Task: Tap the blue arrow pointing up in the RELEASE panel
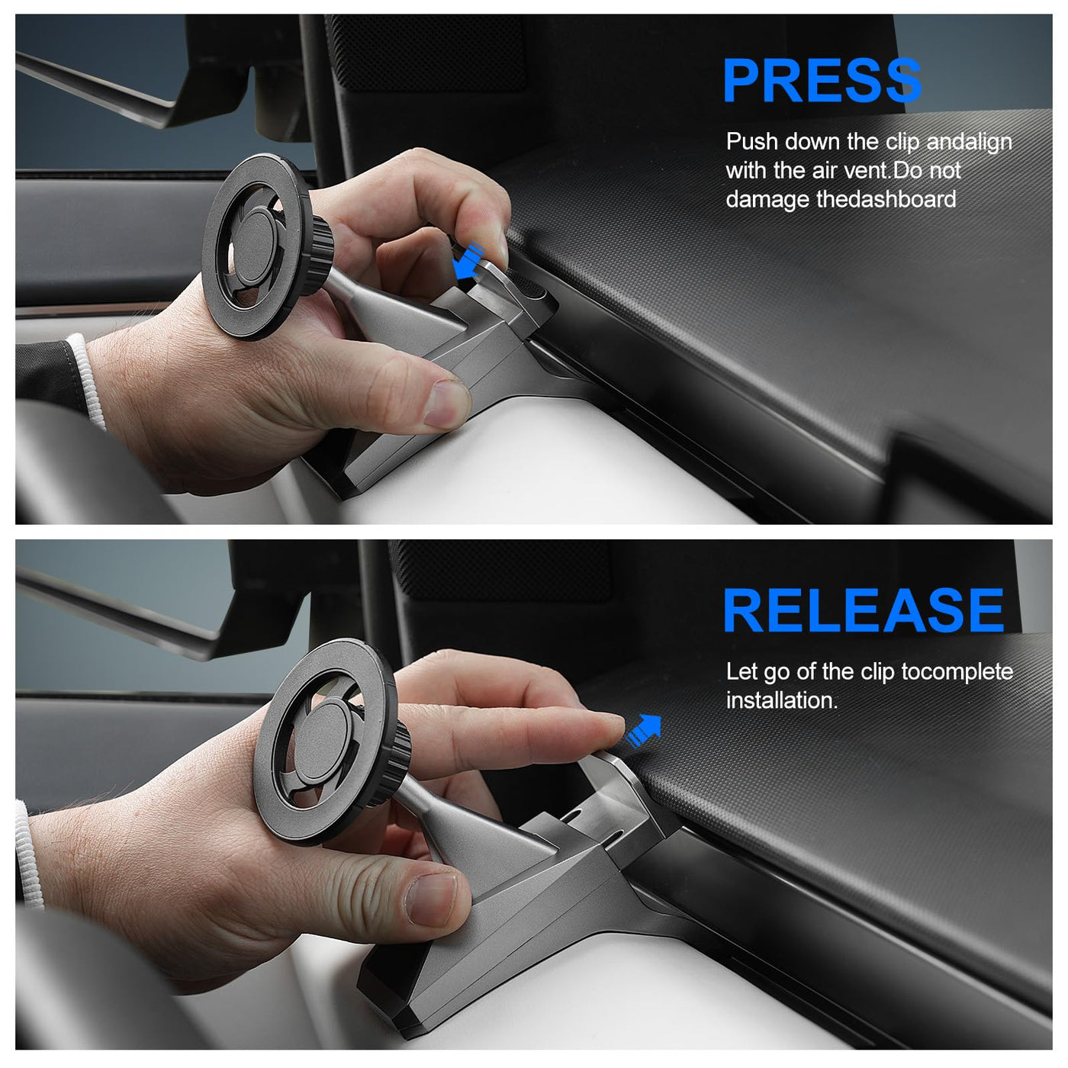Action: point(643,731)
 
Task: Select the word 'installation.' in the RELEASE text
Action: point(781,700)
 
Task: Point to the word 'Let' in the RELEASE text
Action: point(741,672)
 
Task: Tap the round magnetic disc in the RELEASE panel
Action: point(324,742)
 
